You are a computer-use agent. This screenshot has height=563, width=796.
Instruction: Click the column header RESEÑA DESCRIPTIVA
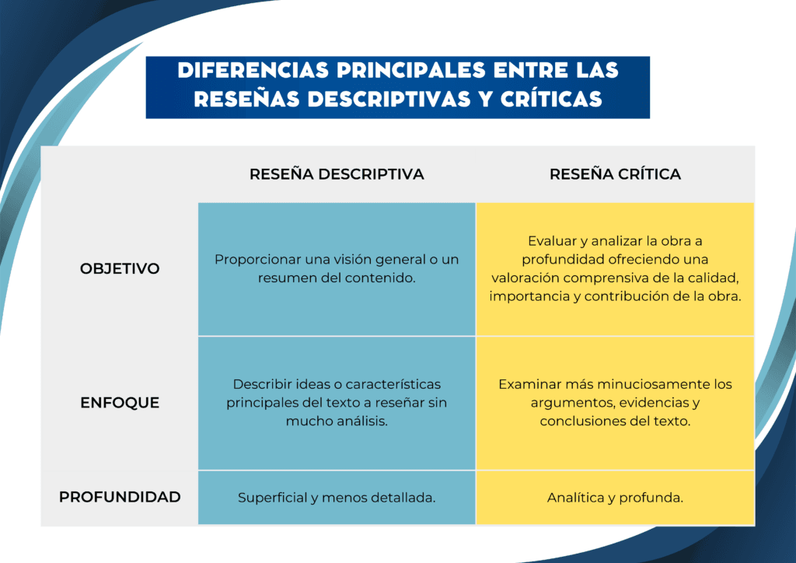pyautogui.click(x=337, y=174)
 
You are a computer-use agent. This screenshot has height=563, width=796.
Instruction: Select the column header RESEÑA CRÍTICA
pyautogui.click(x=616, y=174)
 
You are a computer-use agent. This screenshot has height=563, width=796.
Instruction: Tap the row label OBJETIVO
pyautogui.click(x=120, y=268)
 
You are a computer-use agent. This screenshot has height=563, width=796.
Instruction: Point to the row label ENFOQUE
pyautogui.click(x=120, y=403)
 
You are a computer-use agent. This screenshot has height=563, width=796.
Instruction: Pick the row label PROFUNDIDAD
pyautogui.click(x=120, y=497)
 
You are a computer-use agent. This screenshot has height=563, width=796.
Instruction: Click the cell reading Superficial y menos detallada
pyautogui.click(x=337, y=498)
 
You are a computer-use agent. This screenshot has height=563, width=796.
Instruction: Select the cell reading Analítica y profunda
pyautogui.click(x=616, y=498)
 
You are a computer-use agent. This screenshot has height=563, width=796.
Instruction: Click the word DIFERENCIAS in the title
pyautogui.click(x=253, y=71)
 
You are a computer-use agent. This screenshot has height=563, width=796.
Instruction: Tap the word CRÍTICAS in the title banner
pyautogui.click(x=551, y=99)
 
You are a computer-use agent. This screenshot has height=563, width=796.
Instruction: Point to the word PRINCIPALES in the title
pyautogui.click(x=410, y=71)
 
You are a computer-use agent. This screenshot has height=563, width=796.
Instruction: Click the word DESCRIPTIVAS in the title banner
pyautogui.click(x=389, y=99)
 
